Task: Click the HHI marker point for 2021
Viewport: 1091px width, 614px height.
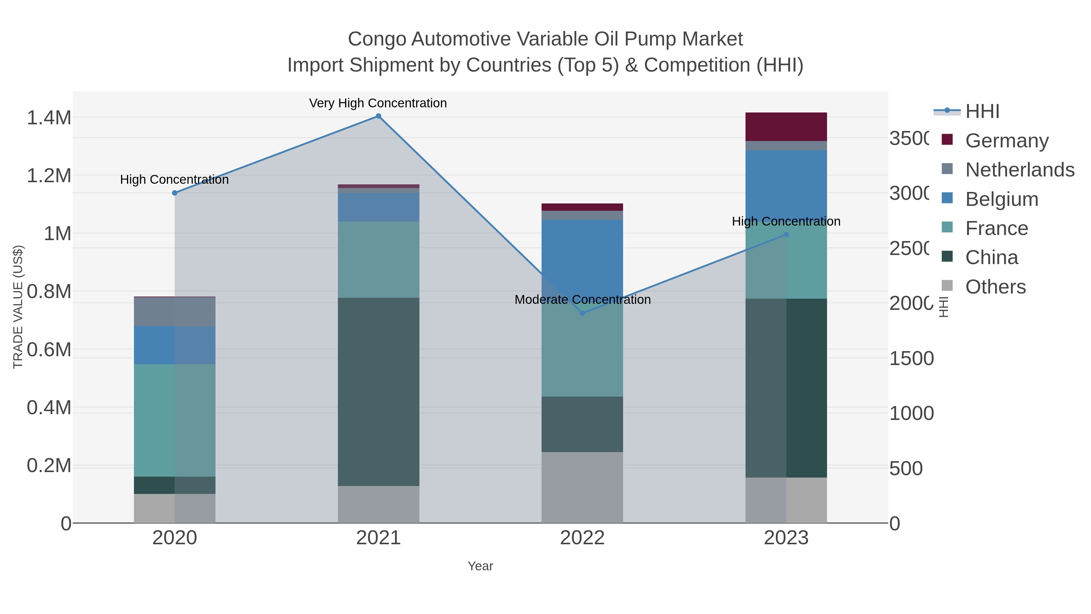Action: tap(378, 116)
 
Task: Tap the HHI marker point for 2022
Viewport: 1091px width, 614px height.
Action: tap(582, 313)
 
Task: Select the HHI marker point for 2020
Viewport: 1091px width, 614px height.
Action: tap(175, 193)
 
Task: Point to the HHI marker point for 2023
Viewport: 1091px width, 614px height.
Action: tap(786, 234)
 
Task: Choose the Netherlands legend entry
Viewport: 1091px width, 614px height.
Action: tap(1019, 169)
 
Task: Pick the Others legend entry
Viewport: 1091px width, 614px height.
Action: tap(995, 287)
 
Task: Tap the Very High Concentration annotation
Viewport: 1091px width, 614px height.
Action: tap(378, 103)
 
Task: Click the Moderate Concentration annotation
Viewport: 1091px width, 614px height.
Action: tap(582, 300)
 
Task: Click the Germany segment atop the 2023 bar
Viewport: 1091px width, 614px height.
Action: tap(786, 127)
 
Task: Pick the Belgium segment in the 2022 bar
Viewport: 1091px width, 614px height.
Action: tap(582, 258)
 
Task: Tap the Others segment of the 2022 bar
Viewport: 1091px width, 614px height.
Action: tap(582, 487)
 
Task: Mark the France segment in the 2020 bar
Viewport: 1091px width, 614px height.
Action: tap(175, 420)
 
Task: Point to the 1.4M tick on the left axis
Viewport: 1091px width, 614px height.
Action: tap(49, 118)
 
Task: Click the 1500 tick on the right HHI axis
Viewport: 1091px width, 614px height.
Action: tap(911, 358)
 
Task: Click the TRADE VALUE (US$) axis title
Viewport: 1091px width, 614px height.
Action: tap(18, 307)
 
